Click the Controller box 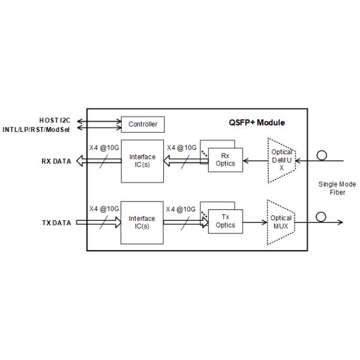tap(143, 124)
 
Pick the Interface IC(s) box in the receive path tap(142, 161)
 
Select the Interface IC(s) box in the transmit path tap(142, 223)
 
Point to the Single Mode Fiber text tap(337, 188)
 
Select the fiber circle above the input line tap(322, 155)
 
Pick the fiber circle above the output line tap(322, 216)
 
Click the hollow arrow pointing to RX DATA tap(100, 161)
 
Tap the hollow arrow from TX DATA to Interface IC tap(100, 223)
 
